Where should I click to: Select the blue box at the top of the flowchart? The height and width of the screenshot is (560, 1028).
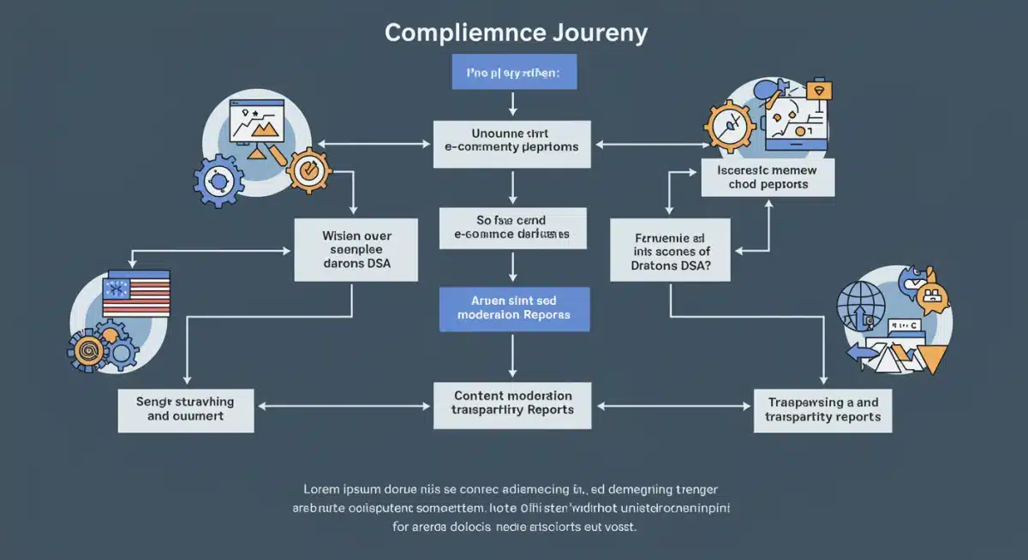click(x=514, y=72)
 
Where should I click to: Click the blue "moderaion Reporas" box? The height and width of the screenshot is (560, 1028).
click(x=512, y=308)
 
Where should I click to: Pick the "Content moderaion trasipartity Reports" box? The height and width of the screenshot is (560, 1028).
click(x=512, y=403)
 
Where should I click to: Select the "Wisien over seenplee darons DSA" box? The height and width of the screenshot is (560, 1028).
click(x=356, y=249)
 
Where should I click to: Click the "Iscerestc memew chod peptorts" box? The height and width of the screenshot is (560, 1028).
click(x=767, y=177)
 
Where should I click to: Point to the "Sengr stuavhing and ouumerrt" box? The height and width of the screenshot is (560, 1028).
click(x=186, y=408)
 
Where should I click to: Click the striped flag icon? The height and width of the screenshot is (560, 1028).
click(x=136, y=294)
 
